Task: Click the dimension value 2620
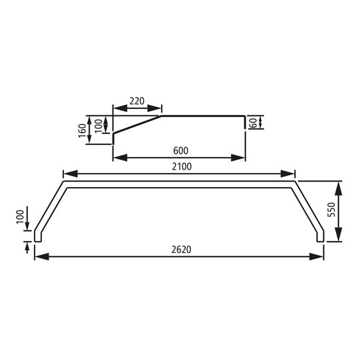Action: (180, 250)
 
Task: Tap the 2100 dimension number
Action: (180, 167)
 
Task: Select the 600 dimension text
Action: (179, 151)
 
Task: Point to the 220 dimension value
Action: (137, 101)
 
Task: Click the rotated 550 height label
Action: (350, 212)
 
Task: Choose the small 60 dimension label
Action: (254, 122)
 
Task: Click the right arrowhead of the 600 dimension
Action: (241, 158)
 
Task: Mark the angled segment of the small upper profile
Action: (137, 125)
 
